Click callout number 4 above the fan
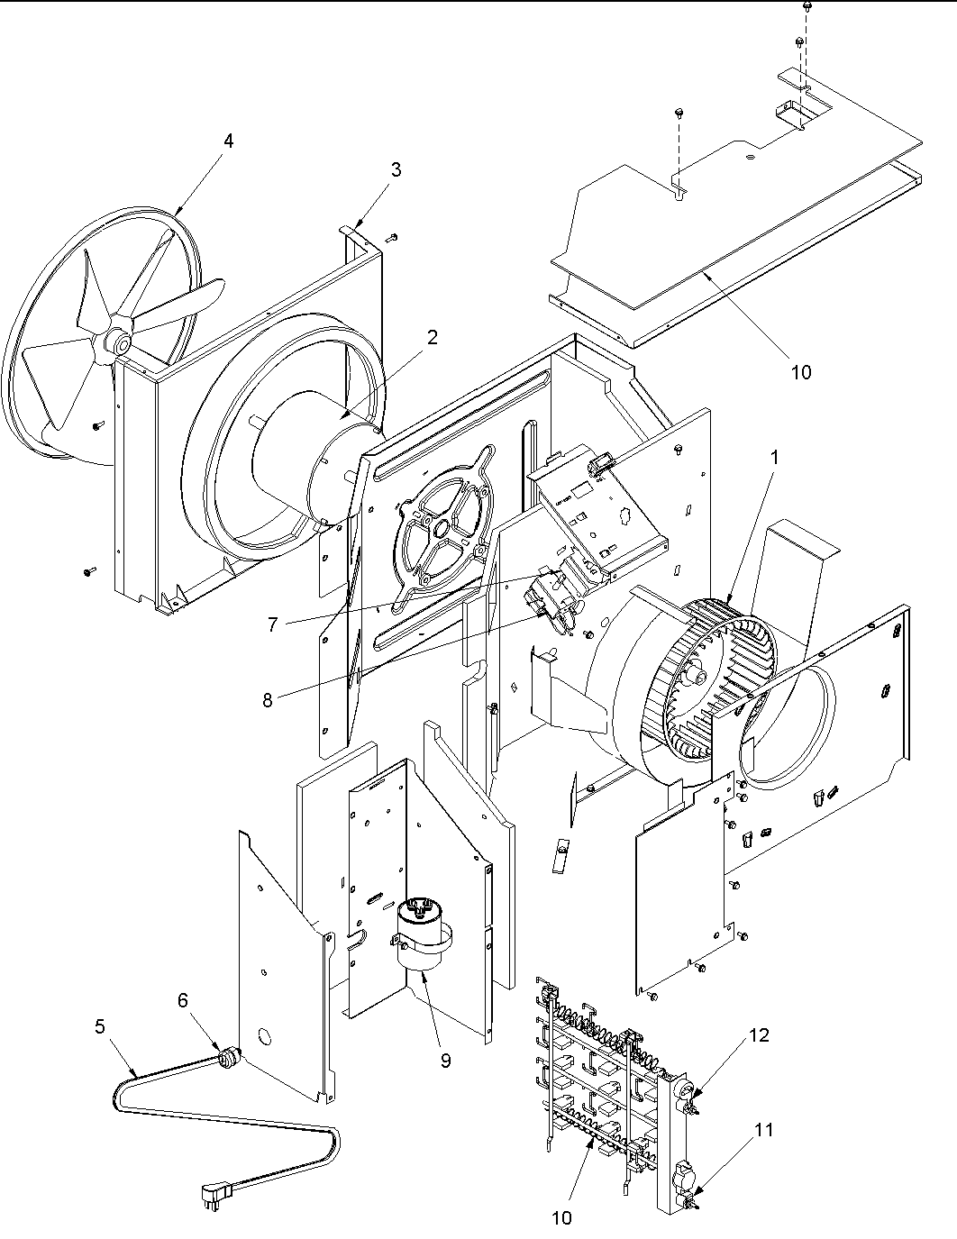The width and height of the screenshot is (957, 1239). coord(228,141)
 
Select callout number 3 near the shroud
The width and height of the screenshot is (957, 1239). coord(396,169)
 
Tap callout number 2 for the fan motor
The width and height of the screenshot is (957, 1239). coord(433,338)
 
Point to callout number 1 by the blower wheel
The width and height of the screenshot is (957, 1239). coord(773,458)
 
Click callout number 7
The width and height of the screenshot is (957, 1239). coord(271,623)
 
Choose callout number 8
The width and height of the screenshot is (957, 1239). coord(268,700)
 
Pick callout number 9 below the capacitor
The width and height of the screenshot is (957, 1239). coord(445,1061)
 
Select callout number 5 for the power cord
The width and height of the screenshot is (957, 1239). coord(99,1025)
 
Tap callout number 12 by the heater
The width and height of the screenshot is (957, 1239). coord(759,1035)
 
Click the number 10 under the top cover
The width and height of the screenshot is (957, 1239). coord(800,371)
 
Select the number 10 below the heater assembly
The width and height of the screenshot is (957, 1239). coord(561,1218)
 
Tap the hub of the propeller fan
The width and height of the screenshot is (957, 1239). coord(116,341)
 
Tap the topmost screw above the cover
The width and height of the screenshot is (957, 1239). coord(806,7)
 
